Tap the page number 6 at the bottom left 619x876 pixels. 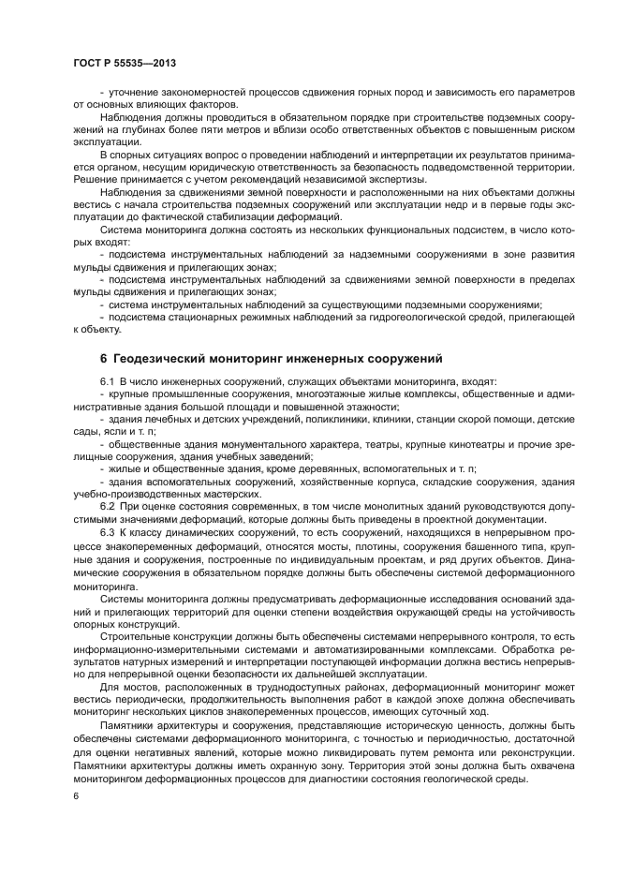click(75, 795)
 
